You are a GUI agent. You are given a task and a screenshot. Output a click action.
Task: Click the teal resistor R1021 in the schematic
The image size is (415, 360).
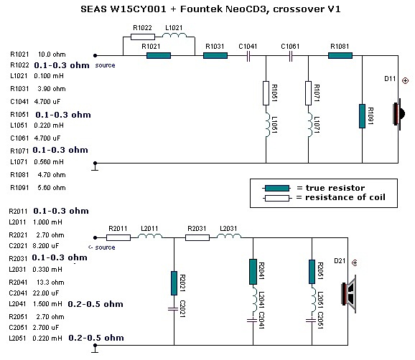coord(159,55)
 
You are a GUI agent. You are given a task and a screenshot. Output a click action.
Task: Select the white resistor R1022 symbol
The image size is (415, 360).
coord(143,37)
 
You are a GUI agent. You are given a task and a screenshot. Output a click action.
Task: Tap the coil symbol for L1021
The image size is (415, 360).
coord(174,35)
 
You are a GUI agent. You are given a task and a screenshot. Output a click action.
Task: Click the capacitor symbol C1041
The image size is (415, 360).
coord(248,56)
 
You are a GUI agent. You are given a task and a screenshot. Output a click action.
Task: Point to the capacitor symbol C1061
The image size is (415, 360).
coord(290,56)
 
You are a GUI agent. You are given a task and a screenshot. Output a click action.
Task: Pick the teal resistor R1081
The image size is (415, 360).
coord(340,55)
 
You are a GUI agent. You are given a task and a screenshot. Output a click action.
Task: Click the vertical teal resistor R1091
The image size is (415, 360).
coord(362,116)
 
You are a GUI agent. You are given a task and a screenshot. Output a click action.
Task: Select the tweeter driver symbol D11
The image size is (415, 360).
coord(399,114)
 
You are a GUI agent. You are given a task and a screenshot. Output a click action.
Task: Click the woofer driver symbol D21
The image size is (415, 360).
coord(348,294)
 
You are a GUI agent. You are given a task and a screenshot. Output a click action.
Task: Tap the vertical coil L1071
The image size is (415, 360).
coord(310,125)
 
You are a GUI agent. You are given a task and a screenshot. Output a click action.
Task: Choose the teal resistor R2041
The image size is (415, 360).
coord(253,272)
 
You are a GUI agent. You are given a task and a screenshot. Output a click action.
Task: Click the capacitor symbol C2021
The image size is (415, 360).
coord(174,308)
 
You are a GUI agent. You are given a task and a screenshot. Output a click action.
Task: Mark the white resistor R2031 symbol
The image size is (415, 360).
coord(197,237)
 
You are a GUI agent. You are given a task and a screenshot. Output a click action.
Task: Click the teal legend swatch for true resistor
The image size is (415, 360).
coord(277,188)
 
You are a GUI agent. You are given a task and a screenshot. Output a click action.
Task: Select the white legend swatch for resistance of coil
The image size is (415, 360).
coord(277,198)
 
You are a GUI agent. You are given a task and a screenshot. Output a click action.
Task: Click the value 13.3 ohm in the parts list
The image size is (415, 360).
coord(50,283)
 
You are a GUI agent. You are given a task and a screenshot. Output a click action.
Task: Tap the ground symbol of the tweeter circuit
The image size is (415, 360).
coord(95,167)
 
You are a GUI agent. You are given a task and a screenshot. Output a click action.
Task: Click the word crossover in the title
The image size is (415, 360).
coord(298,9)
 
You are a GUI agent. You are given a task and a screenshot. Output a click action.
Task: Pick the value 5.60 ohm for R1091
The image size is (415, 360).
coord(52,188)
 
